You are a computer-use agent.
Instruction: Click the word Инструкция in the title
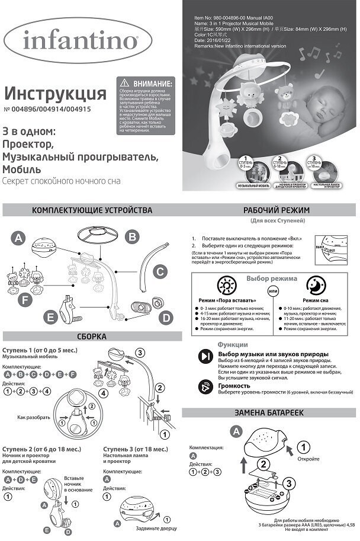pyautogui.click(x=55, y=94)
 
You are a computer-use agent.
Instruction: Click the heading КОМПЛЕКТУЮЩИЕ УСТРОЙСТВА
pyautogui.click(x=92, y=210)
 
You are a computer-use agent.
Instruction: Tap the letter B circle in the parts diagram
pyautogui.click(x=134, y=237)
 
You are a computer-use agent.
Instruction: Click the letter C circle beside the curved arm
pyautogui.click(x=159, y=272)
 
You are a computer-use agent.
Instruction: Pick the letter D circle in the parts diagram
pyautogui.click(x=166, y=318)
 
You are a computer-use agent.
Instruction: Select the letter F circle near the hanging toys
pyautogui.click(x=25, y=300)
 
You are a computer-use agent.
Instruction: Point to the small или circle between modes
pyautogui.click(x=273, y=292)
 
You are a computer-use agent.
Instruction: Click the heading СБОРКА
pyautogui.click(x=92, y=337)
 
